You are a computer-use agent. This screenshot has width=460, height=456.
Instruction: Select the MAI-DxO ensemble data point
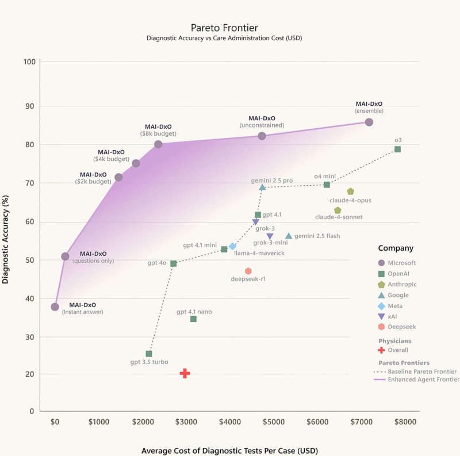[369, 122]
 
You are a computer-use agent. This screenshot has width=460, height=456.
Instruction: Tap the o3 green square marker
[397, 150]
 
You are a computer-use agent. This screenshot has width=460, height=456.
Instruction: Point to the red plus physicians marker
[185, 373]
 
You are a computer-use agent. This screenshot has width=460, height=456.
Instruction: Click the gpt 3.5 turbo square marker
[149, 354]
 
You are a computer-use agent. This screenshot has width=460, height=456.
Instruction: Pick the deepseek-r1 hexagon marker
[248, 271]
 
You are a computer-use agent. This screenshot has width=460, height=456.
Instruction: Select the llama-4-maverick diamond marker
[232, 246]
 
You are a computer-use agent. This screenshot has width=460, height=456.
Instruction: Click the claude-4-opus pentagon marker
[350, 191]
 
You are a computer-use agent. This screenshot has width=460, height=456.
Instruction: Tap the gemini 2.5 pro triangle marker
[262, 187]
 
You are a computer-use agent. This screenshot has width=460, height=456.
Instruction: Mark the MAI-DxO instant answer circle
[55, 307]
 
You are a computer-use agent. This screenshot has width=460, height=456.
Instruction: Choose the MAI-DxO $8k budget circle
[158, 144]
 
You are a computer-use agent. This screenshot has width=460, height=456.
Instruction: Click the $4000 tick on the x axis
[230, 421]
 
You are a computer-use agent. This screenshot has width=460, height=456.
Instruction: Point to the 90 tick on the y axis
[29, 106]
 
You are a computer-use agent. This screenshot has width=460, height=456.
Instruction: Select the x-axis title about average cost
[229, 450]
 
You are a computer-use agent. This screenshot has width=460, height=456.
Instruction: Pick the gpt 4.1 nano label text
[194, 312]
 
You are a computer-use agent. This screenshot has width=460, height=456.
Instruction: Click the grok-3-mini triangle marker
[270, 236]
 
